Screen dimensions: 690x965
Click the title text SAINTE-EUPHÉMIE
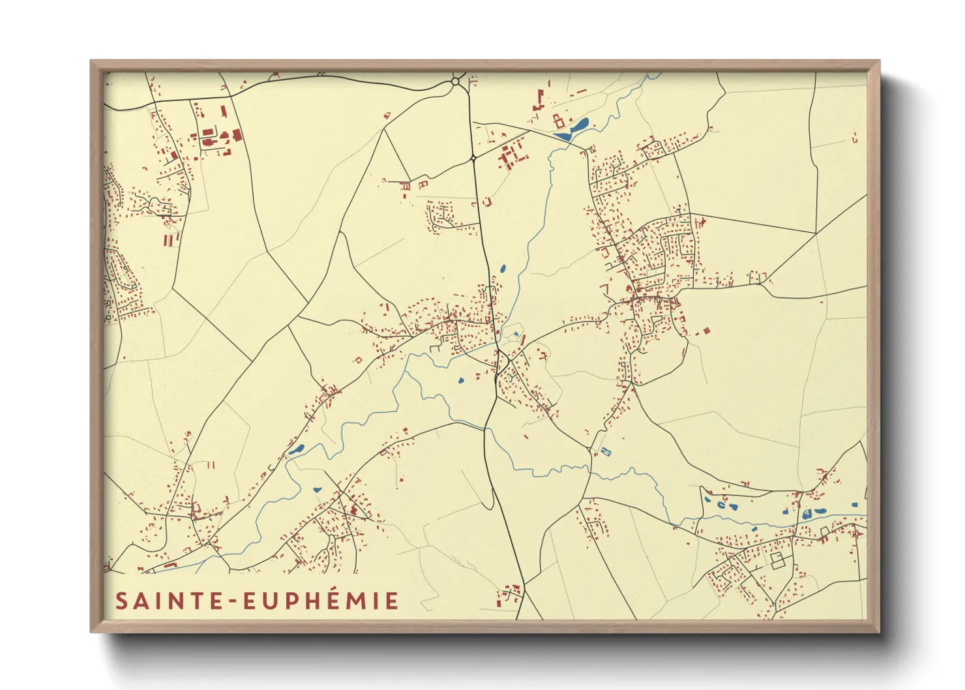tap(257, 601)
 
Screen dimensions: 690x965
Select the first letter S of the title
tap(121, 601)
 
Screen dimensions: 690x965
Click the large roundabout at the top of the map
tap(455, 82)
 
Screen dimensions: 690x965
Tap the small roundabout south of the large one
tap(473, 158)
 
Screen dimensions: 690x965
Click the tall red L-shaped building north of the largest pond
tap(539, 101)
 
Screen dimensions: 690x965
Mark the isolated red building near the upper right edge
tap(854, 138)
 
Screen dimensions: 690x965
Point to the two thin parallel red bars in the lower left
tap(211, 465)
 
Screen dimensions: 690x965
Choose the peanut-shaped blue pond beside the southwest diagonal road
tap(296, 449)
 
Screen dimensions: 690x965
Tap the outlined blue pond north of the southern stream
tap(604, 452)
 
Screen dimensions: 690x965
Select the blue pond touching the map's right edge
tap(855, 505)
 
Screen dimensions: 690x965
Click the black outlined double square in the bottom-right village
tap(777, 560)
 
